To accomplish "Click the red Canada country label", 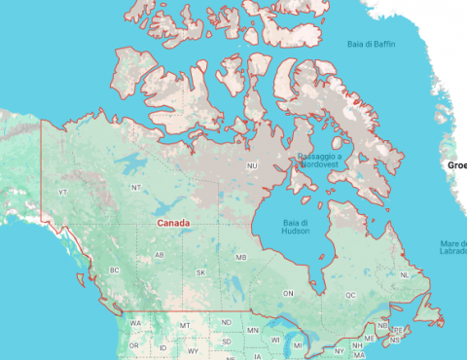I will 173,223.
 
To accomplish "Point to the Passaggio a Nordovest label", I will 319,160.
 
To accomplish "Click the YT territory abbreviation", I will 63,193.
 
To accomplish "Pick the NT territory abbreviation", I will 136,187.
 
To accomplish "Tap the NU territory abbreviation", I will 252,166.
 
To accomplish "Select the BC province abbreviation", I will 115,270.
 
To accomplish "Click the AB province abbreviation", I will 159,256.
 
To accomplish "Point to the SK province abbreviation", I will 201,272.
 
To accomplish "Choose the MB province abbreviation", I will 241,258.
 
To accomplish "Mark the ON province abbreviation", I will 288,293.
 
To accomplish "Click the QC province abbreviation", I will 350,294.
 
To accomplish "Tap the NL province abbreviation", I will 404,275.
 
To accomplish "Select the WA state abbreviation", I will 135,322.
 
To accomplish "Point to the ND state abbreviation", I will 227,322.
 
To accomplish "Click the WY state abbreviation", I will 193,350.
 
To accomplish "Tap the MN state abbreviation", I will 253,331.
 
